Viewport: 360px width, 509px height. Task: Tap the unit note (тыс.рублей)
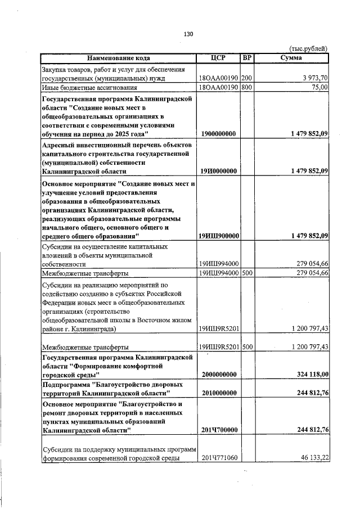(308, 49)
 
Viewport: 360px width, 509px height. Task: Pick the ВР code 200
(247, 78)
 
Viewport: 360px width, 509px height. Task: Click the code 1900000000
(218, 134)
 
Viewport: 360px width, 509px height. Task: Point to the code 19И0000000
(218, 171)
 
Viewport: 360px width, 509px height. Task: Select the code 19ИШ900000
(219, 236)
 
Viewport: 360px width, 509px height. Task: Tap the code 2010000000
(218, 393)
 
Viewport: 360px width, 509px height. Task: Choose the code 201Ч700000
(219, 430)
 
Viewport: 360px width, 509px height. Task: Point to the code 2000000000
(218, 374)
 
